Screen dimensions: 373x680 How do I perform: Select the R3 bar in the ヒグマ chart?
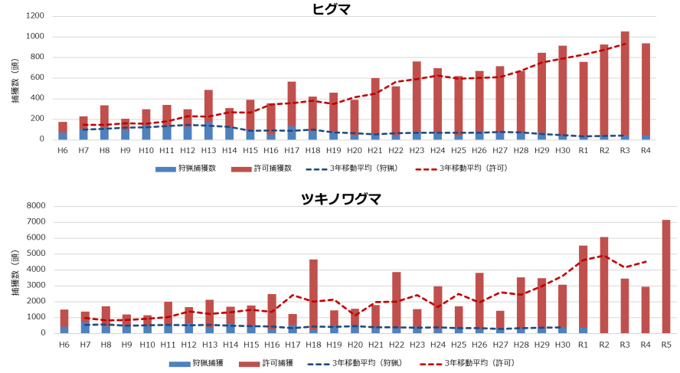(x=625, y=85)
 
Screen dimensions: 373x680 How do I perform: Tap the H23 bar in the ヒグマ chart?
(x=417, y=100)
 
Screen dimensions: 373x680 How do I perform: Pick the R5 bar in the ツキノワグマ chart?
(x=665, y=276)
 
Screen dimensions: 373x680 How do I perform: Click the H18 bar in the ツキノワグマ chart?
(x=313, y=296)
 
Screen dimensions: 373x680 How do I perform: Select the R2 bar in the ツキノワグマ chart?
(x=604, y=285)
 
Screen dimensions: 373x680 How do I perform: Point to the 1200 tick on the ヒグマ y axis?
(x=34, y=16)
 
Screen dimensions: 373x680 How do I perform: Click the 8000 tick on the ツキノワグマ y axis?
(x=34, y=206)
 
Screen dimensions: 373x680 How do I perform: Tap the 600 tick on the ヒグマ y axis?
(x=37, y=77)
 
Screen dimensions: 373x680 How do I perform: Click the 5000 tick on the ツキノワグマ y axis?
(x=34, y=254)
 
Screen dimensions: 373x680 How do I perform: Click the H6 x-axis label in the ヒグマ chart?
(x=63, y=151)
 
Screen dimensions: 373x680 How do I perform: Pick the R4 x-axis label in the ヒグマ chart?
(x=646, y=151)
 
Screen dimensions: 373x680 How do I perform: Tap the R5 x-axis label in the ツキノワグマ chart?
(x=665, y=345)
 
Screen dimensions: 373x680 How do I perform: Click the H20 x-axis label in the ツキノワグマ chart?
(x=355, y=345)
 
